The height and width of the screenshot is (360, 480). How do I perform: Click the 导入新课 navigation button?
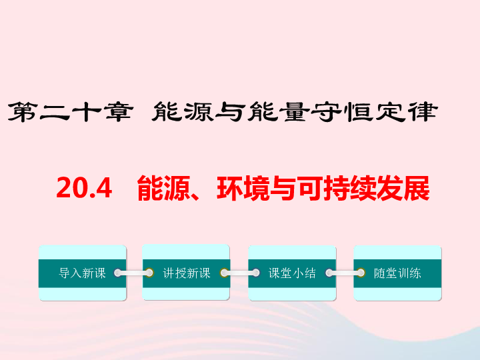tap(83, 273)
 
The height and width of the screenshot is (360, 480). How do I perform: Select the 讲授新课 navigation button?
tap(186, 273)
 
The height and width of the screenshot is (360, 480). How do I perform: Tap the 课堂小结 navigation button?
tap(292, 273)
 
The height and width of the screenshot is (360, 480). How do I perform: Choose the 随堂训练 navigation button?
tap(397, 273)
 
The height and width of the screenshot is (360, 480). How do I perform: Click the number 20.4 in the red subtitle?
tap(84, 188)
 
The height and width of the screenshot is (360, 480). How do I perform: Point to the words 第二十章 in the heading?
tap(71, 112)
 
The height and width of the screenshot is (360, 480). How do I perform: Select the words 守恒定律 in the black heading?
tap(375, 112)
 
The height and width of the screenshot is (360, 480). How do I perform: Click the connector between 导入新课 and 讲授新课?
tap(133, 273)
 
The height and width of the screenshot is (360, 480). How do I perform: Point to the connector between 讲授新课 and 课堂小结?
tap(240, 273)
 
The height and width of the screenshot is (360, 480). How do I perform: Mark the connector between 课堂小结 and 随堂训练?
tap(345, 273)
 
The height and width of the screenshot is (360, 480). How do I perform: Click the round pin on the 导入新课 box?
tap(118, 273)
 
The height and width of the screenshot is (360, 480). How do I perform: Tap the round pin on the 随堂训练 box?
tap(361, 273)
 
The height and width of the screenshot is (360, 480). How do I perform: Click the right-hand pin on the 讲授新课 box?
tap(224, 273)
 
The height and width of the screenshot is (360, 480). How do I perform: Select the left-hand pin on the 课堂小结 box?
tap(256, 273)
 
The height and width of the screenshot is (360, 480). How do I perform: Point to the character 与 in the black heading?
tap(230, 112)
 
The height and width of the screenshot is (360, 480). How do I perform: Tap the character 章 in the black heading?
tap(118, 112)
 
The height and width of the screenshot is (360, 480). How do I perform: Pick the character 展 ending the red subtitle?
tap(417, 188)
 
